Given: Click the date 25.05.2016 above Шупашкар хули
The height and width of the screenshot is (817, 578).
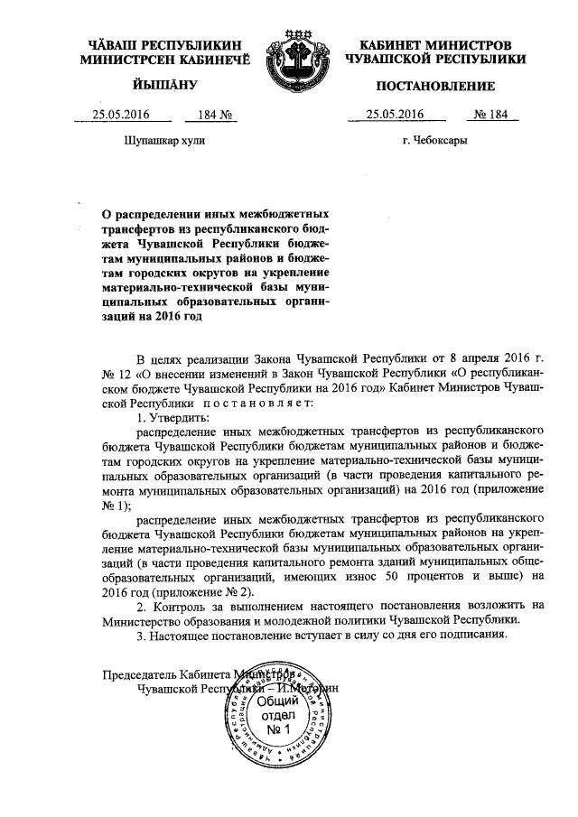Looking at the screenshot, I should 120,115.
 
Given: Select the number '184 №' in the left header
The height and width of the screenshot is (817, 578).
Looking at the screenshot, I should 203,115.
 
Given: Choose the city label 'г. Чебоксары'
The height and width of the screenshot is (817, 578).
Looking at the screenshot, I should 435,141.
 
